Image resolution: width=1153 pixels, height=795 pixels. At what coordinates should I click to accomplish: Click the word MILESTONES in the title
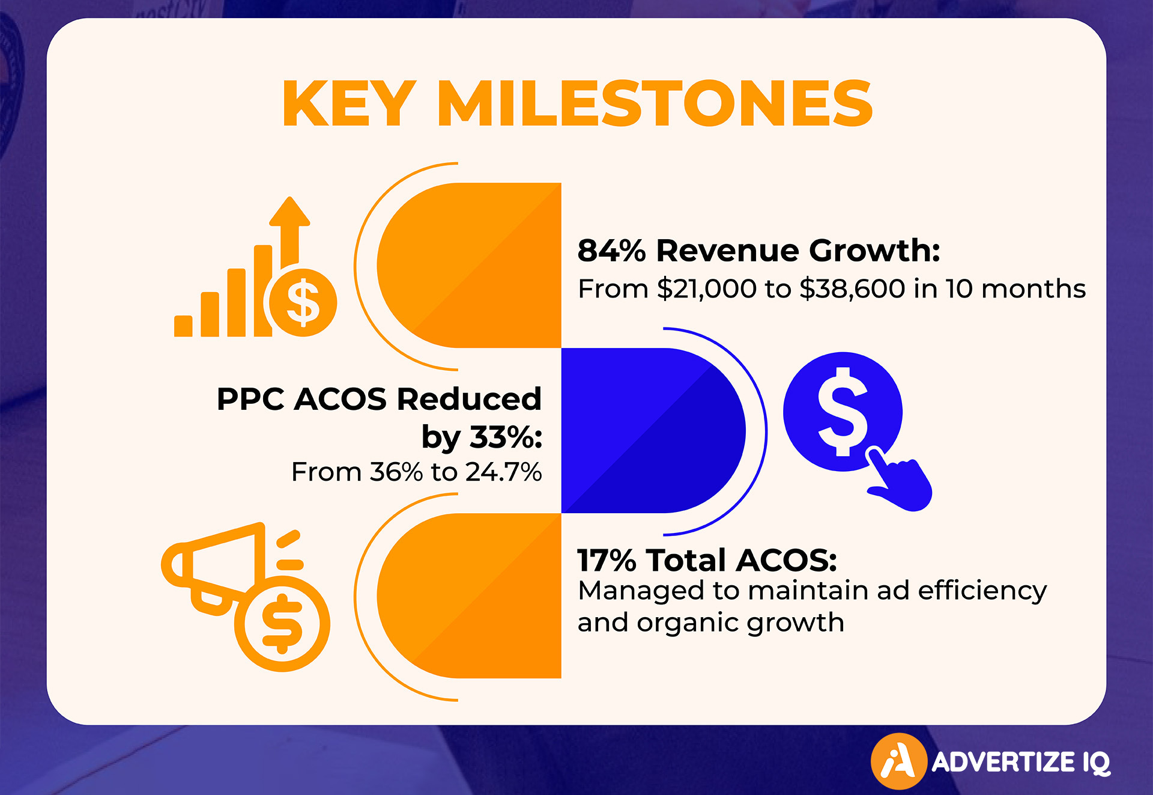coord(655,103)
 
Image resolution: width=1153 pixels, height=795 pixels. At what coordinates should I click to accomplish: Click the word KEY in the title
coord(349,103)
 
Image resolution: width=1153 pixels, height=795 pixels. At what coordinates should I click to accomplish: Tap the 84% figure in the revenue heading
coord(611,251)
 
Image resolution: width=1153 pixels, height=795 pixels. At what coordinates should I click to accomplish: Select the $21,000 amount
coord(706,289)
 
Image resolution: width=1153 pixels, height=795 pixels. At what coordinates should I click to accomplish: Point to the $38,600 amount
coord(852,289)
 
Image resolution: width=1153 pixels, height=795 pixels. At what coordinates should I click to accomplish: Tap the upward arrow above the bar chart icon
coord(289,231)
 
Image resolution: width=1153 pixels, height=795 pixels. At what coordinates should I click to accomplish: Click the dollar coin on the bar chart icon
coord(303,302)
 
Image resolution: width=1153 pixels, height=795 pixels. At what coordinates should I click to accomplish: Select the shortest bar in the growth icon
coord(183,326)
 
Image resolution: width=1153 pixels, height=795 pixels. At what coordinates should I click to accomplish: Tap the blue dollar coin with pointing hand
coord(842,412)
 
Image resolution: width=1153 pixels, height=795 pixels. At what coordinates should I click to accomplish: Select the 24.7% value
coord(503,472)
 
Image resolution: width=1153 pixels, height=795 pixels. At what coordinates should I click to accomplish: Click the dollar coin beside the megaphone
coord(282,624)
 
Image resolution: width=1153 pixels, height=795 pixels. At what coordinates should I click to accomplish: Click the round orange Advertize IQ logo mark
coord(898,761)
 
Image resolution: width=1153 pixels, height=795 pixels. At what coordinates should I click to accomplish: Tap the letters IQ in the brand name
coord(1097,763)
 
